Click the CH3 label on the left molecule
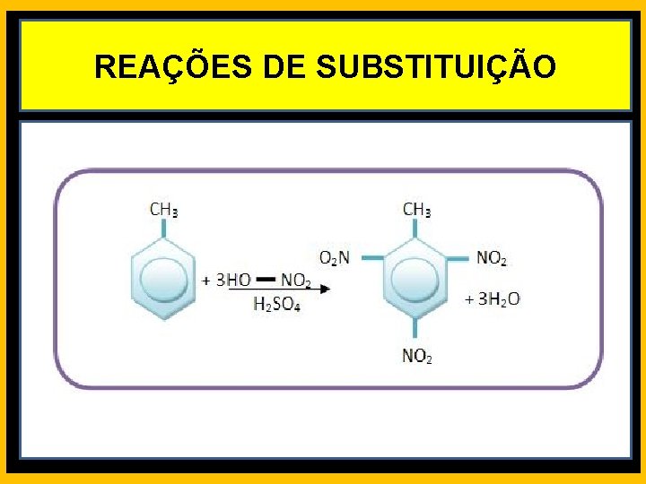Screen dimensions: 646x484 pos(163,210)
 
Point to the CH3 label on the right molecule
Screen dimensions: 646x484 pos(416,210)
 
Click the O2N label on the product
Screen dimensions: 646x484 pos(335,258)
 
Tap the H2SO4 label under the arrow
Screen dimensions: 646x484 pos(275,305)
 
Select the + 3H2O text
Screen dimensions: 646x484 pos(493,299)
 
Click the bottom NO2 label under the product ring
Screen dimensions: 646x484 pos(416,357)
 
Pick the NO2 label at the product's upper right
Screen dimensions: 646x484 pos(492,258)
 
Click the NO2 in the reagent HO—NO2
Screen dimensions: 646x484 pos(296,281)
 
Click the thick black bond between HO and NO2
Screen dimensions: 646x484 pos(266,280)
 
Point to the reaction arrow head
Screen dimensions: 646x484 pos(325,289)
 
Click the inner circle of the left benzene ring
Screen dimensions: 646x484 pos(163,281)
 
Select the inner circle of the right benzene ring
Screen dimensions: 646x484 pos(415,281)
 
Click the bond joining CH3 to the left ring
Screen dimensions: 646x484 pos(163,229)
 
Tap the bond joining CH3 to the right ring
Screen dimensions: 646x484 pos(415,229)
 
